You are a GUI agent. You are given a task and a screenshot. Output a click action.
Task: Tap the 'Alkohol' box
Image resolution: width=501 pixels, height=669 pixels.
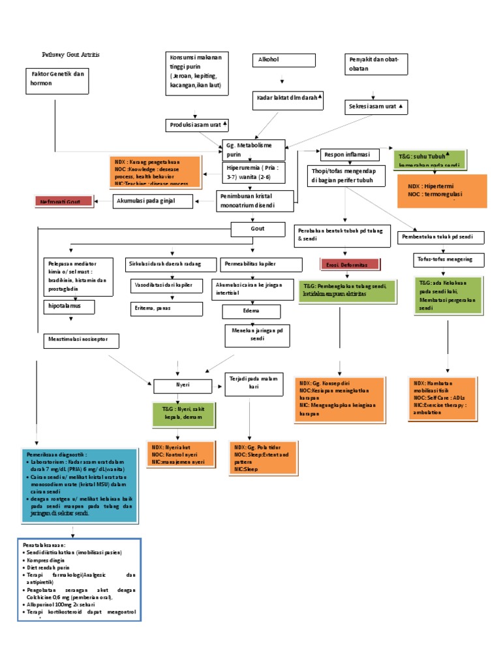pyautogui.click(x=281, y=60)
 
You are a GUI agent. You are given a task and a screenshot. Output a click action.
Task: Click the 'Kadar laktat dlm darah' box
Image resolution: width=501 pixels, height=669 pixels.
pyautogui.click(x=288, y=99)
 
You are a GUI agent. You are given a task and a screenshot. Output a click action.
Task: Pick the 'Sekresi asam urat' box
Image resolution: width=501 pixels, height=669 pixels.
pyautogui.click(x=376, y=106)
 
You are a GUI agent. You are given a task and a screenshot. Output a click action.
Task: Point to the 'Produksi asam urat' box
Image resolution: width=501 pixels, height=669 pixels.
pyautogui.click(x=198, y=124)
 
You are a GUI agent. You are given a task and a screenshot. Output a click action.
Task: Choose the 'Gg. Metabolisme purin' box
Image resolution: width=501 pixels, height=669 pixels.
pyautogui.click(x=253, y=150)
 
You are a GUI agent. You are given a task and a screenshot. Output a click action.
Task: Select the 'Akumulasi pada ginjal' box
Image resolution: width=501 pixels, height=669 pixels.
pyautogui.click(x=153, y=201)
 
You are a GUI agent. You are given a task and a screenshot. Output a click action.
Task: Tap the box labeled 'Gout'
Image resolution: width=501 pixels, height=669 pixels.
pyautogui.click(x=258, y=229)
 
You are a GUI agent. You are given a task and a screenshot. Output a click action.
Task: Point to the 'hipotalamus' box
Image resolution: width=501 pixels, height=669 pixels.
pyautogui.click(x=69, y=306)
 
